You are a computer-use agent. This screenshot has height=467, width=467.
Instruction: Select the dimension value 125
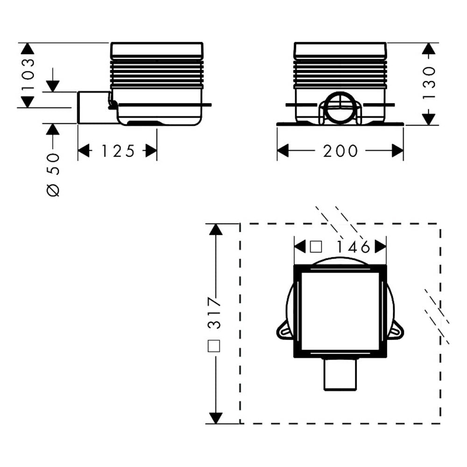pyautogui.click(x=118, y=151)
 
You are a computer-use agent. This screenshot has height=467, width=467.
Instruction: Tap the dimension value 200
pyautogui.click(x=340, y=151)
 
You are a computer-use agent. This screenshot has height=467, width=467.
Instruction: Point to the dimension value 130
pyautogui.click(x=429, y=83)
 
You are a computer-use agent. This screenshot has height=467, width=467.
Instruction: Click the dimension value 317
pyautogui.click(x=214, y=313)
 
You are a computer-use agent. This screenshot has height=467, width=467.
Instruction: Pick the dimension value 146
pyautogui.click(x=353, y=247)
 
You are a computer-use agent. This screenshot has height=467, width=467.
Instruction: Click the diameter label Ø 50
pyautogui.click(x=54, y=175)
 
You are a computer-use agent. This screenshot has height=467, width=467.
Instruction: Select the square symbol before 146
pyautogui.click(x=316, y=247)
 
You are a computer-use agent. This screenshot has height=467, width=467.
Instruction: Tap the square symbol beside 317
pyautogui.click(x=214, y=346)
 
